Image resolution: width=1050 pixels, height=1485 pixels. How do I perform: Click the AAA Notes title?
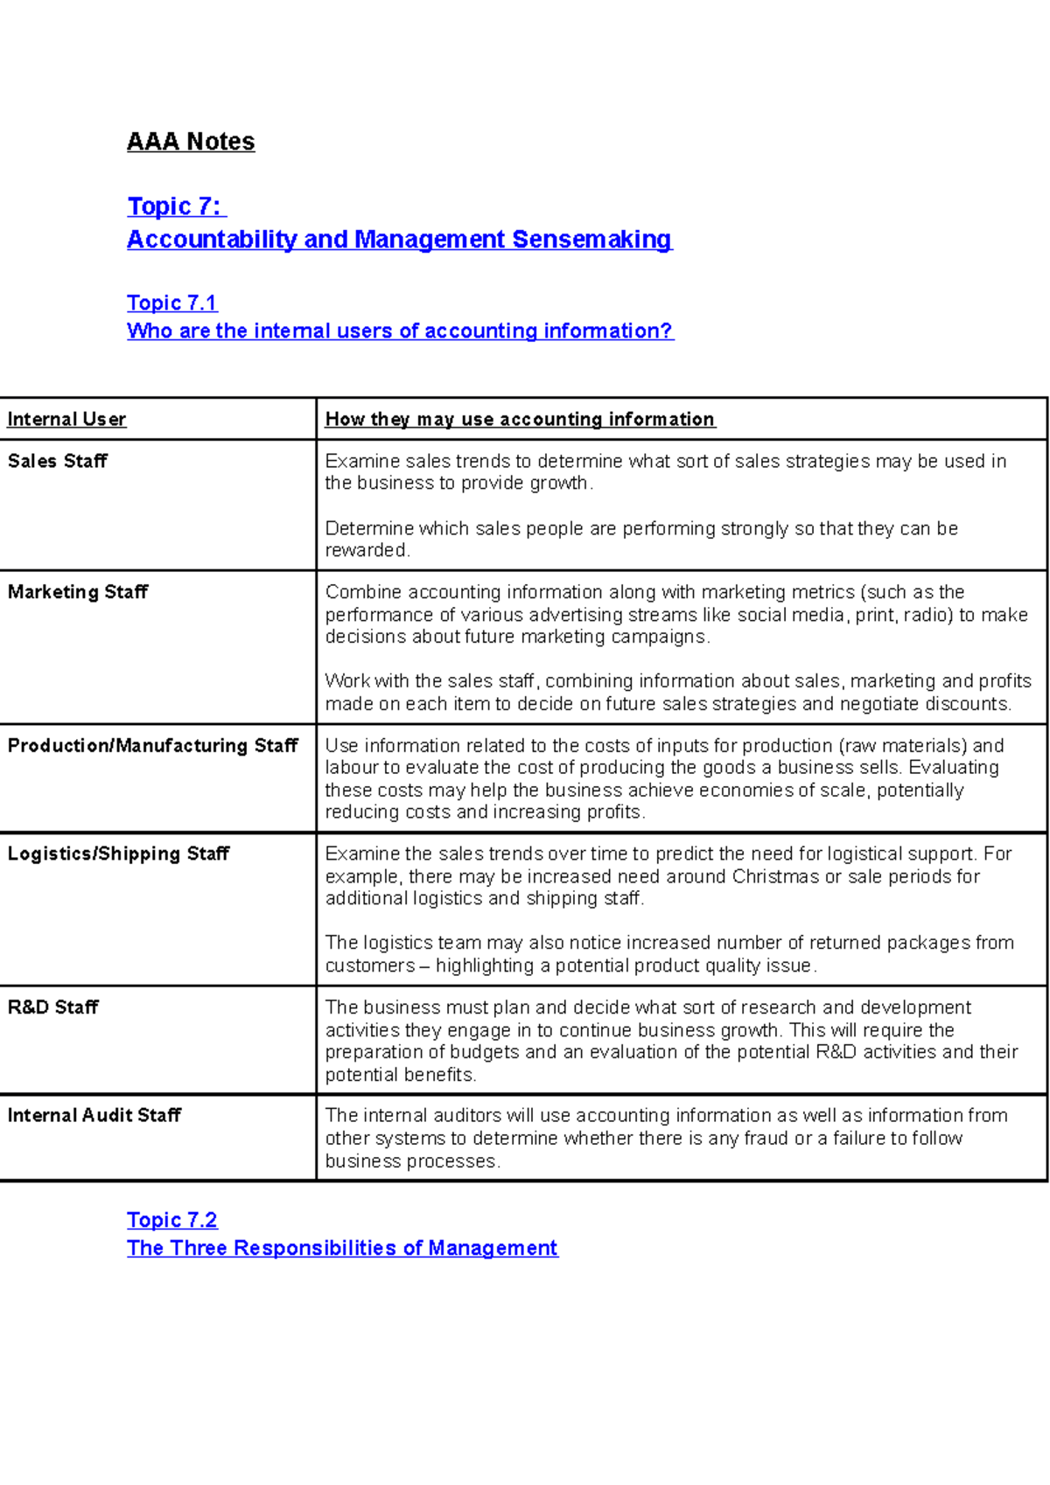191,142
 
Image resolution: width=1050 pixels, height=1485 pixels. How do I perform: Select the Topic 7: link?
175,206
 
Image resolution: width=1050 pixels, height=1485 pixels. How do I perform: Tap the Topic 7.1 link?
171,303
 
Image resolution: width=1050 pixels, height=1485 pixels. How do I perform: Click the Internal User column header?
66,420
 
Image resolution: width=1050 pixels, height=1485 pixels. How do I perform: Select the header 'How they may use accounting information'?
520,420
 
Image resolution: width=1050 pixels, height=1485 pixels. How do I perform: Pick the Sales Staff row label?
58,461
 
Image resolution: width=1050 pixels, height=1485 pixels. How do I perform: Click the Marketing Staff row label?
78,592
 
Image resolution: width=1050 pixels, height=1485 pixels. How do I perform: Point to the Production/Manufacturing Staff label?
153,746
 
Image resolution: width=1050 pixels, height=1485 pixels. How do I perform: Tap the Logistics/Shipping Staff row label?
118,854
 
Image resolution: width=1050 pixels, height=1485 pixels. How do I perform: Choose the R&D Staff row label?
53,1007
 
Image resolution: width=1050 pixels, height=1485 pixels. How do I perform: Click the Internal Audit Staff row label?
94,1116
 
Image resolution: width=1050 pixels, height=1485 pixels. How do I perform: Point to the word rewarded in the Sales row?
366,551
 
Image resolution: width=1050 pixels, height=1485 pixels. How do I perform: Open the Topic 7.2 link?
171,1220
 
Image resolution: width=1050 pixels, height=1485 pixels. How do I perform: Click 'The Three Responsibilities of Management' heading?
342,1248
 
